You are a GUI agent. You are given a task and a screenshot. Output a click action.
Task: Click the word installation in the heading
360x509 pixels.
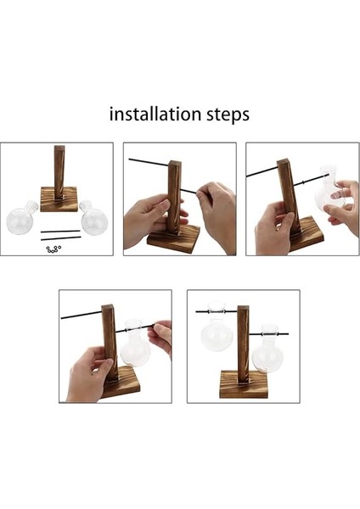155,115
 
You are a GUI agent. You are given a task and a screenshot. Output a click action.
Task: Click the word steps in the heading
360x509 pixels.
228,115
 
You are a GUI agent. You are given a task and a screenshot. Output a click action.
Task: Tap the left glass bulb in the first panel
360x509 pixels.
21,218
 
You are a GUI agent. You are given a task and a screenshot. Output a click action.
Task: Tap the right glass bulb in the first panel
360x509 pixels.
93,216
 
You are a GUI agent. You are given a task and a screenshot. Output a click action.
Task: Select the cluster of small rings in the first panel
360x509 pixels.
53,249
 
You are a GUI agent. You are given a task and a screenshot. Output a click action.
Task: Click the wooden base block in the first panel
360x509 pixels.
59,199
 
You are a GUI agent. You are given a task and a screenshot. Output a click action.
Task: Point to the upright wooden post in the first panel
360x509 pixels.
59,173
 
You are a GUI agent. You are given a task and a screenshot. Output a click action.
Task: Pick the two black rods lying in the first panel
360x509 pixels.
61,235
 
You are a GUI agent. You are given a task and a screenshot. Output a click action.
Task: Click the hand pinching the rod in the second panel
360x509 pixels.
217,215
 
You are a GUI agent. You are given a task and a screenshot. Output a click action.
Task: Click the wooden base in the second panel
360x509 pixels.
173,239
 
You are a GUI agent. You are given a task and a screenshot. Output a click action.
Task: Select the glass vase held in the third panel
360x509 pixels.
329,190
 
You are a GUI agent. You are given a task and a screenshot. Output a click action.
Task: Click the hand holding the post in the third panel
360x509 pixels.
274,229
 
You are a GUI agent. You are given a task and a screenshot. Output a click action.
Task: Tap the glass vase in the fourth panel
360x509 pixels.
135,343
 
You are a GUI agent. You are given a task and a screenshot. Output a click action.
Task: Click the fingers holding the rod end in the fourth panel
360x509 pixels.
160,336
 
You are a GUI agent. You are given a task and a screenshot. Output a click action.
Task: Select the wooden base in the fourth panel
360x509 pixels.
121,383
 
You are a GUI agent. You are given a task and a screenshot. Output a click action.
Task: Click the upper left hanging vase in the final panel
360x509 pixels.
217,327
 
